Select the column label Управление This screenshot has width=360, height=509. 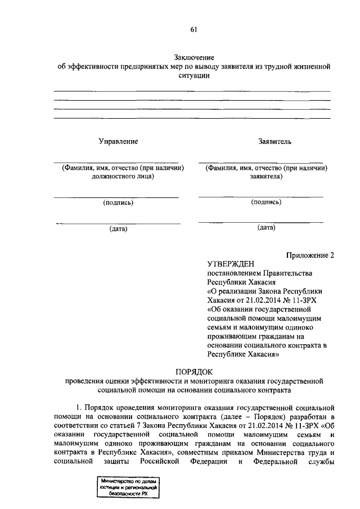pos(119,142)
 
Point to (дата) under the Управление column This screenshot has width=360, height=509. pos(118,228)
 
